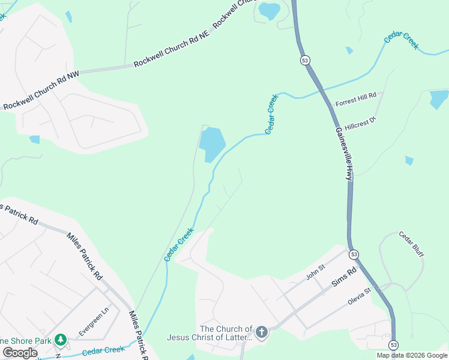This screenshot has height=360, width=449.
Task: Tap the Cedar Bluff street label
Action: [411, 245]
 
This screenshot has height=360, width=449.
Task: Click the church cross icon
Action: [262, 332]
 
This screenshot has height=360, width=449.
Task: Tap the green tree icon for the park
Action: [60, 340]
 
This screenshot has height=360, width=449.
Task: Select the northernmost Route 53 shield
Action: [306, 61]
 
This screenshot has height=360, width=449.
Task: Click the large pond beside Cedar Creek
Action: [211, 144]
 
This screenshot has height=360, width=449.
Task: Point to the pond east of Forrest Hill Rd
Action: [439, 98]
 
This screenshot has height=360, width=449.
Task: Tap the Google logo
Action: [20, 353]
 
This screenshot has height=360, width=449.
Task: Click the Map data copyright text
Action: [412, 355]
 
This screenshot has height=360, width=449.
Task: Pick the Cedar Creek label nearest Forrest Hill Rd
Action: [271, 114]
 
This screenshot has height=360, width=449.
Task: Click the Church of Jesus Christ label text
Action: [226, 333]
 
